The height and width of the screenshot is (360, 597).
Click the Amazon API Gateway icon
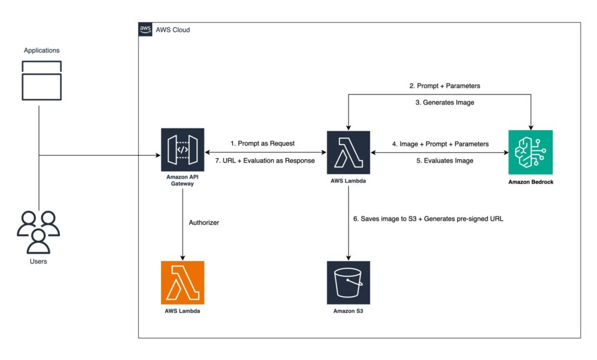pos(182,150)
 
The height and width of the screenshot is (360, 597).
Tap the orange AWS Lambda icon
pos(182,282)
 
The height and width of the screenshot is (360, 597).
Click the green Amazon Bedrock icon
pos(531,152)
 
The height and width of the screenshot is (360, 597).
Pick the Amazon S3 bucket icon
pos(349,282)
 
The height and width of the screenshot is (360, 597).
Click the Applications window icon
pos(41,79)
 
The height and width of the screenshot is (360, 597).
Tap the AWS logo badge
pos(145,29)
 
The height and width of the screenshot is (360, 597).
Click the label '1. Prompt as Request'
pos(262,143)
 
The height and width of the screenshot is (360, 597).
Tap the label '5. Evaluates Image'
pos(445,160)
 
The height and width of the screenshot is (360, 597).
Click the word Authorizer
pos(204,222)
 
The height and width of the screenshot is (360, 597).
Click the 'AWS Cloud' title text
pos(173,30)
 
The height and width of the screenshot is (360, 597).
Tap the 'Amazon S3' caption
pos(349,311)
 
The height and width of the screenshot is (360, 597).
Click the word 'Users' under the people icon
pos(38,261)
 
